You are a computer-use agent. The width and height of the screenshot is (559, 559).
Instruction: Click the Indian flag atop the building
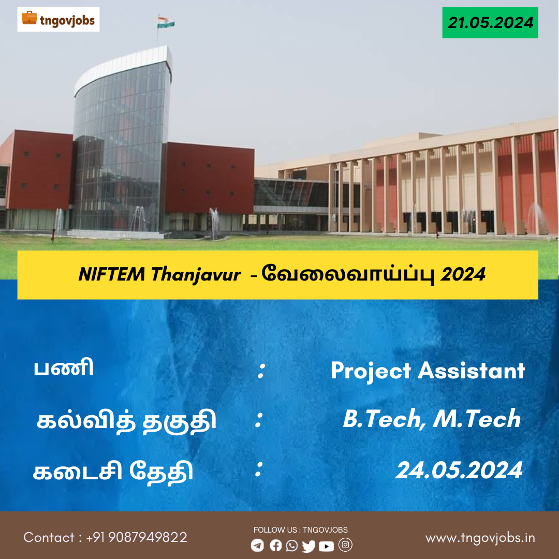(x=166, y=22)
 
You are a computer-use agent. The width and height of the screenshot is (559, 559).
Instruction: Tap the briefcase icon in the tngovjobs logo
(x=29, y=18)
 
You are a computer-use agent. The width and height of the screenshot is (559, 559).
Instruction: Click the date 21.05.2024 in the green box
(x=490, y=22)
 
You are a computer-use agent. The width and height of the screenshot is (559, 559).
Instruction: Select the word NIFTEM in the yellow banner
(x=112, y=274)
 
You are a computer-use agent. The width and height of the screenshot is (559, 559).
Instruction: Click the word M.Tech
(x=477, y=418)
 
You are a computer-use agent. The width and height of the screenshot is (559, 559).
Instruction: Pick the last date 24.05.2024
(x=459, y=470)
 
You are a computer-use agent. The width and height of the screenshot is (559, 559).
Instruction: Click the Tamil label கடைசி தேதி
(x=113, y=472)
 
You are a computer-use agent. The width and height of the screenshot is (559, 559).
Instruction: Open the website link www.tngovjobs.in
(x=480, y=538)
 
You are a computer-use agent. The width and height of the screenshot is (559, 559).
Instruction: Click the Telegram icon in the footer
(x=257, y=545)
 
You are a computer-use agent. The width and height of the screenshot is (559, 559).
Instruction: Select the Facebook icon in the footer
(x=275, y=545)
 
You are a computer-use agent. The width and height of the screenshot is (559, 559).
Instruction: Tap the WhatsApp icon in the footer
(x=292, y=546)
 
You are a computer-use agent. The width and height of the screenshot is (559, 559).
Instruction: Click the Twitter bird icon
(x=308, y=546)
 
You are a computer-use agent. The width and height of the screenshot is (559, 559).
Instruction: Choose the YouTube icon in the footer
(x=326, y=546)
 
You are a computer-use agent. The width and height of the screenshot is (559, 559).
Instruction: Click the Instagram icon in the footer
(x=345, y=545)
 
